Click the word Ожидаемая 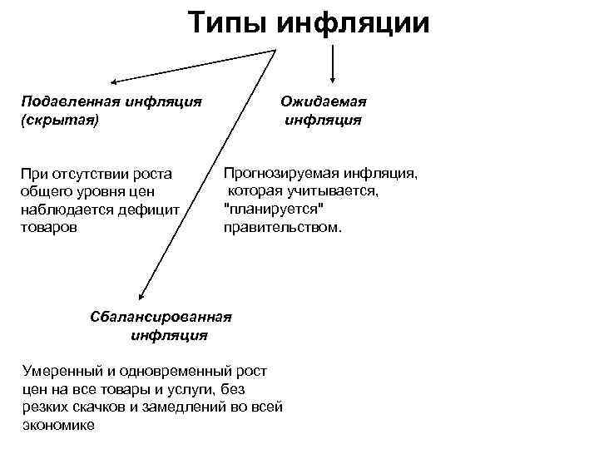point(324,101)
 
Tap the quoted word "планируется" point(273,208)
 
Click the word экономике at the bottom point(58,425)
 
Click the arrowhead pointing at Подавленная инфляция point(115,81)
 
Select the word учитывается point(332,191)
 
